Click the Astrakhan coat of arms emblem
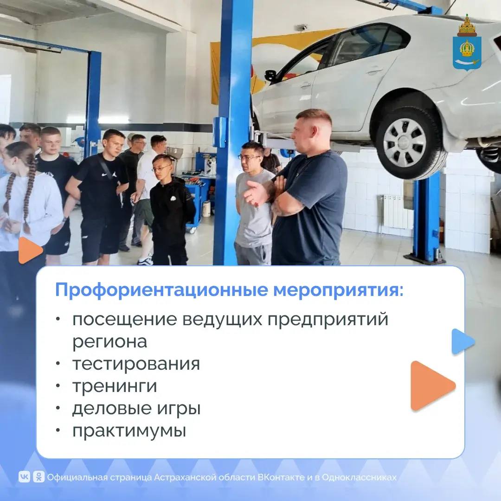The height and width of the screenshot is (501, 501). [x=467, y=43]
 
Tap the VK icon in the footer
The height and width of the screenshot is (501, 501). [x=24, y=477]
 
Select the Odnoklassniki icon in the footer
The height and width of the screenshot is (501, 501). [x=39, y=477]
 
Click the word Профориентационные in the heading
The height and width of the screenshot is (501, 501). [x=162, y=290]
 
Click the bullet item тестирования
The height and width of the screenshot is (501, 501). [x=136, y=364]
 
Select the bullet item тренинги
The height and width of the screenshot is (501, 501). [x=115, y=386]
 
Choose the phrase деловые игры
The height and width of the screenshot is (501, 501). [x=136, y=409]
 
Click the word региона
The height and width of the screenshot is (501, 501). [x=109, y=342]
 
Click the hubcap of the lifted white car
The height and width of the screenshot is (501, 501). [x=405, y=142]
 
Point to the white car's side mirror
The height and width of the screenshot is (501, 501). [x=270, y=76]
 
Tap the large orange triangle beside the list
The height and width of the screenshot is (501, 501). [x=432, y=385]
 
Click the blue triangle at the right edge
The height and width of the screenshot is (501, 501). [x=462, y=341]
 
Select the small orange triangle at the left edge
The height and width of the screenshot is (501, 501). [x=30, y=250]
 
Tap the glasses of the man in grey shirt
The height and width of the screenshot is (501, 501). [x=249, y=158]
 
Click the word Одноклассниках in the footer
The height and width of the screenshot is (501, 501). [x=359, y=477]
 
